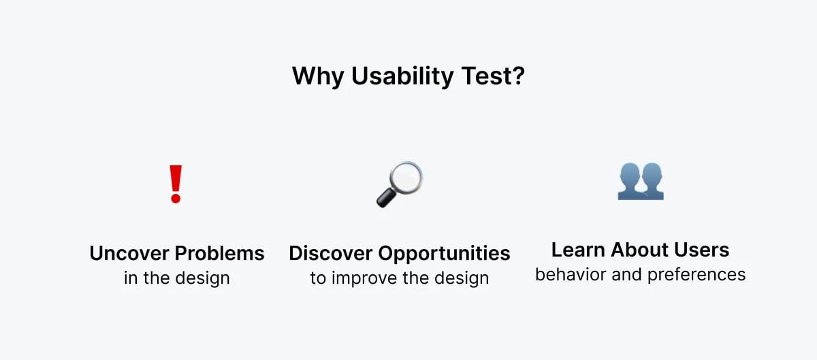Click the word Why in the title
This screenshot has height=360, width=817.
click(319, 76)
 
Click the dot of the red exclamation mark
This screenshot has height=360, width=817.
click(176, 199)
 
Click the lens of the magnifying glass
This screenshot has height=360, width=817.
click(406, 177)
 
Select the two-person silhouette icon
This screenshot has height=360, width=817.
click(640, 181)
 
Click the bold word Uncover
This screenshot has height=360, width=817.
click(130, 253)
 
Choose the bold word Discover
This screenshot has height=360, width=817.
click(332, 253)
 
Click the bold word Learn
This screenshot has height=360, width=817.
click(577, 250)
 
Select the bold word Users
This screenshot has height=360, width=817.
click(703, 250)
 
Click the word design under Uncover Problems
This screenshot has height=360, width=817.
click(204, 278)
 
